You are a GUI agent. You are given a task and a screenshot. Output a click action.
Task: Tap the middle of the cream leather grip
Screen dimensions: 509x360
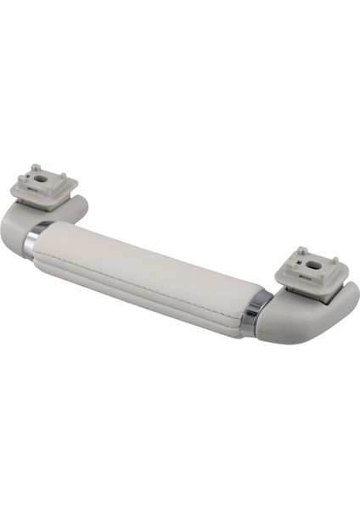[x=144, y=271]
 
